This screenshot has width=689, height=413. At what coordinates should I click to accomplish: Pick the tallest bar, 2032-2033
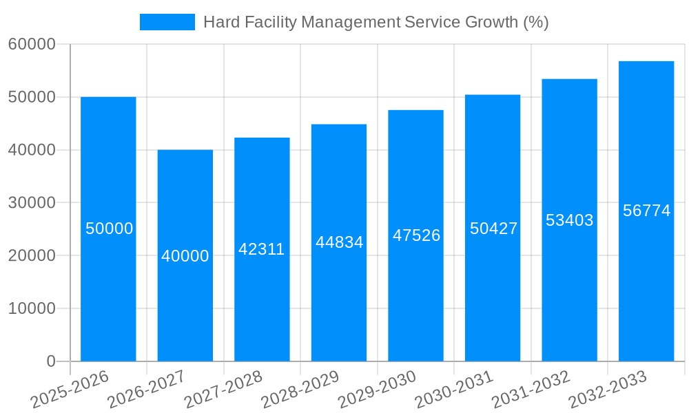(x=646, y=275)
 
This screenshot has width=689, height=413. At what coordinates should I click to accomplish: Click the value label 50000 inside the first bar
(x=109, y=229)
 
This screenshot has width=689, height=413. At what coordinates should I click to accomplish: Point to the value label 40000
(x=185, y=256)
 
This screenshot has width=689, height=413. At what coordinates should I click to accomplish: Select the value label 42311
(x=261, y=249)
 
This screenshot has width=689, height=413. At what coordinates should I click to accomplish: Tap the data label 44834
(x=339, y=242)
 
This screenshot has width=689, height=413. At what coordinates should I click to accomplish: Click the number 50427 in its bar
(x=493, y=229)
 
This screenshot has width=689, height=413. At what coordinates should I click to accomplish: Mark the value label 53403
(x=569, y=220)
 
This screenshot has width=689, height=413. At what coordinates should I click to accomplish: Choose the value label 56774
(x=646, y=211)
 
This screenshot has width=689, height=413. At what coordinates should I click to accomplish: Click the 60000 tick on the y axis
(x=32, y=45)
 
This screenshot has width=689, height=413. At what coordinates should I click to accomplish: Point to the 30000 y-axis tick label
(x=32, y=203)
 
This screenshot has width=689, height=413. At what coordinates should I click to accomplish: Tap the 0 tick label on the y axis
(x=51, y=361)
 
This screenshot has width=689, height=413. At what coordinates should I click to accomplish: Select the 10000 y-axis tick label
(x=32, y=308)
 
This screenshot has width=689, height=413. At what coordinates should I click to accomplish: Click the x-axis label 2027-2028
(x=223, y=390)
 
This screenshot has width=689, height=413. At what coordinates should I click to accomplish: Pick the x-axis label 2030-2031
(x=454, y=390)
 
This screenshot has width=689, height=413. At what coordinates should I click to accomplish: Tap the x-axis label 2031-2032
(x=531, y=390)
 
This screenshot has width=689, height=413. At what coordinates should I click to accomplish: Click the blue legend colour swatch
(x=167, y=22)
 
